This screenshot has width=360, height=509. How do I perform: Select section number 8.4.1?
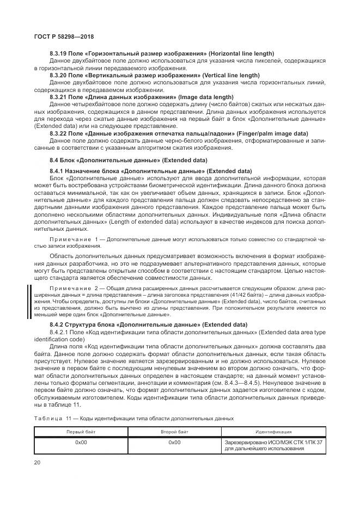[x=58, y=171]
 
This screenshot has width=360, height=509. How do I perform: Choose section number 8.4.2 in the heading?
[x=58, y=325]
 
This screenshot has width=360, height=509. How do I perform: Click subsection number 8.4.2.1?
[x=60, y=332]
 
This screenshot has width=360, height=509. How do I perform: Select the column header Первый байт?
[x=81, y=431]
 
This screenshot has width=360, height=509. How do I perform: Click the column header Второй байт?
[x=174, y=431]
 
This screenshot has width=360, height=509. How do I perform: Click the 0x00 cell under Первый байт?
[x=81, y=443]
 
